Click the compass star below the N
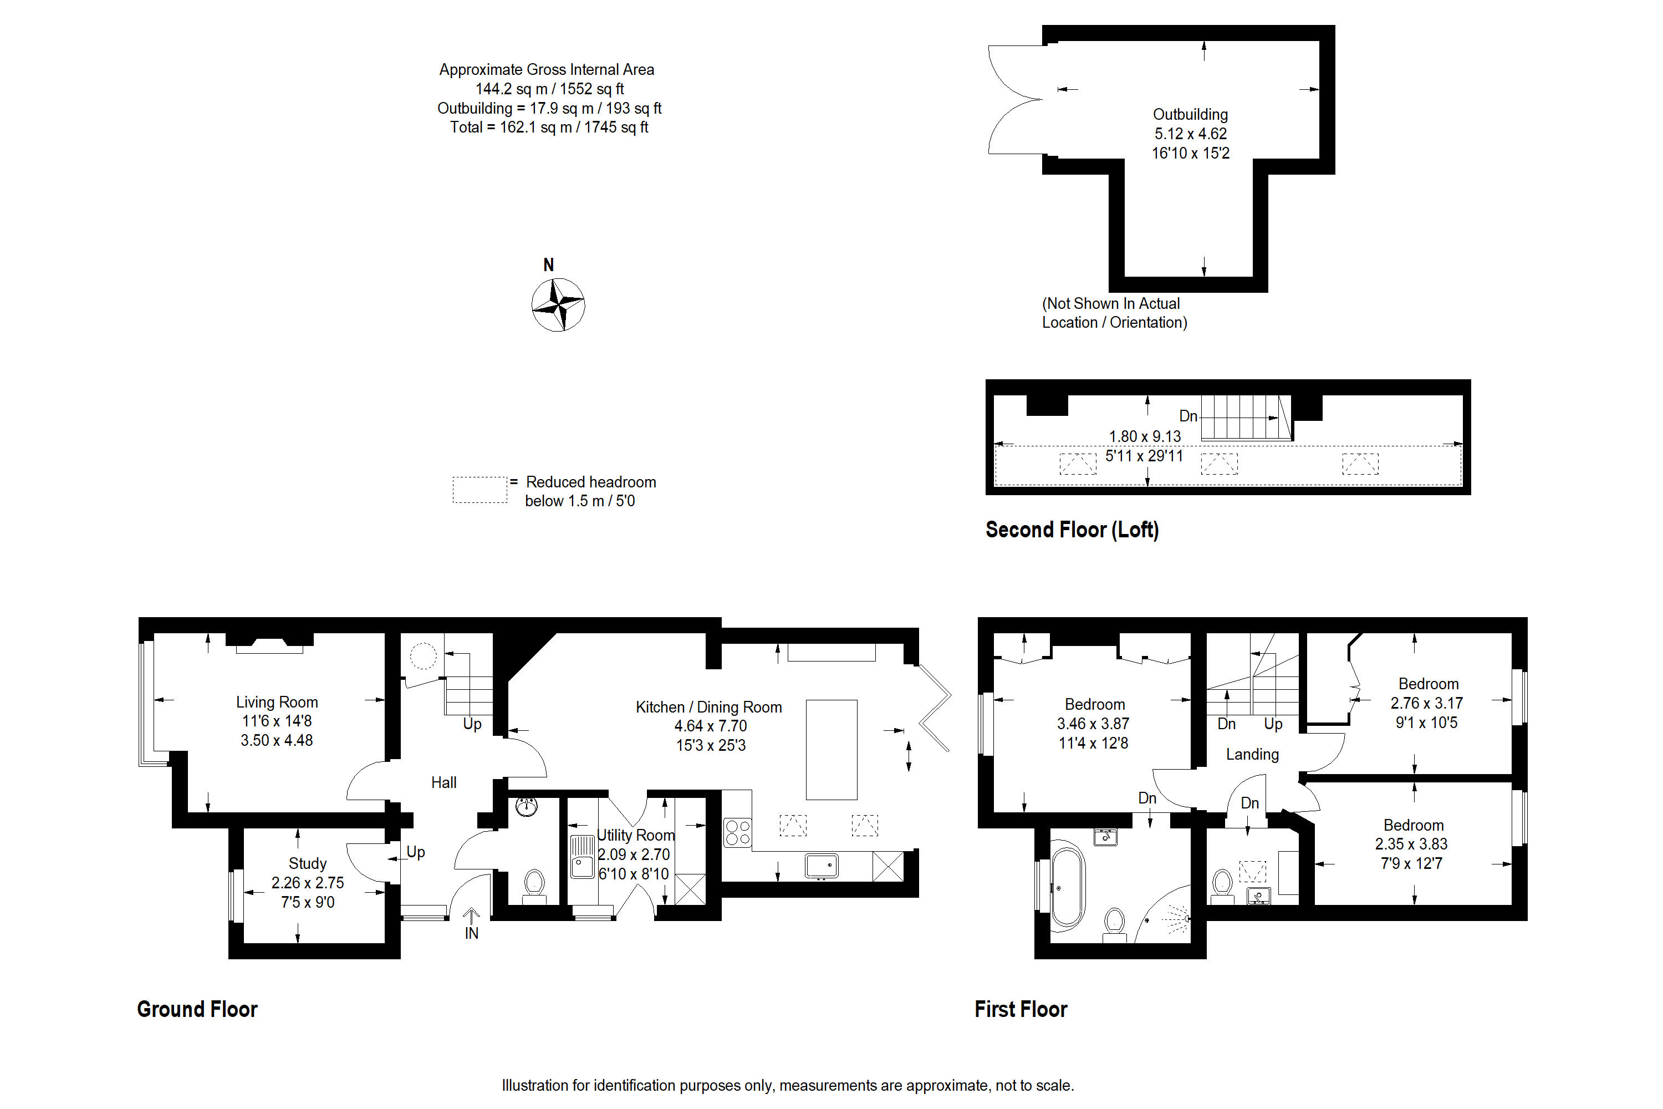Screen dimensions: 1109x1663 [558, 305]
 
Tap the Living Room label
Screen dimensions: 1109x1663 [277, 703]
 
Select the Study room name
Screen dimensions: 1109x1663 [308, 863]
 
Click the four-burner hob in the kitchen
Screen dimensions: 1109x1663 [737, 832]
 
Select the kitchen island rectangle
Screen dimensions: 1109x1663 [831, 750]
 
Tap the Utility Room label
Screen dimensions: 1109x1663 [636, 835]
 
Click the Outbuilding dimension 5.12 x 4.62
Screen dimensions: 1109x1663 [1191, 134]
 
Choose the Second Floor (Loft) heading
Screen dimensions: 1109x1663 [1072, 530]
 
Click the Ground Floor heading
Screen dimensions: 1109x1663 [197, 1009]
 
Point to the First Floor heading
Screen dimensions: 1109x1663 [1021, 1009]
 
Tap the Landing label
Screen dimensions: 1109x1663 [1252, 755]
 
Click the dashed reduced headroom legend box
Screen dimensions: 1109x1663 [479, 490]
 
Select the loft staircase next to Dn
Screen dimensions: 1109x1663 [1245, 418]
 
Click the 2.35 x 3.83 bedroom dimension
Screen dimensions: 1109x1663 [1411, 845]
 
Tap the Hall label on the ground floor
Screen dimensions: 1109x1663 [443, 783]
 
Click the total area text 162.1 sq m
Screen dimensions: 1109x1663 [549, 128]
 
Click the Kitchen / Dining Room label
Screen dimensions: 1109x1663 [708, 708]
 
